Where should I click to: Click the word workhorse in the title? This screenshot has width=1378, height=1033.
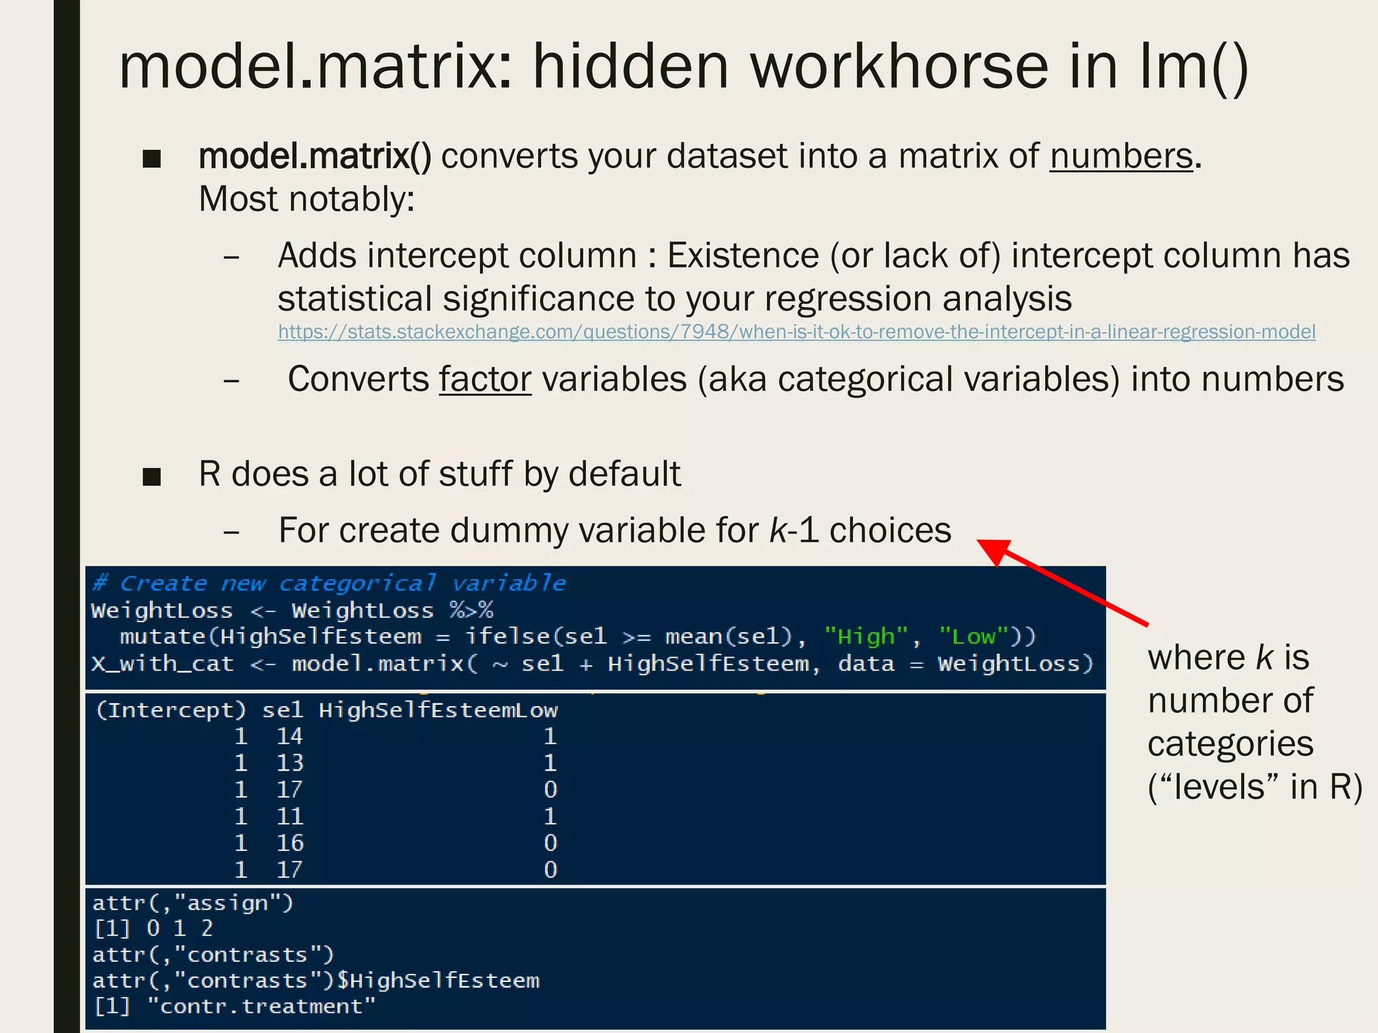pyautogui.click(x=899, y=67)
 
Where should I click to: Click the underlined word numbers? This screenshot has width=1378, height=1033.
pyautogui.click(x=1121, y=157)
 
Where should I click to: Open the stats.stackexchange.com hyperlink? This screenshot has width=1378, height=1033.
pyautogui.click(x=796, y=332)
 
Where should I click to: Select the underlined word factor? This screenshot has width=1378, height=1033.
pyautogui.click(x=485, y=379)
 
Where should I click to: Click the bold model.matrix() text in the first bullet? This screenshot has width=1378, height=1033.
pyautogui.click(x=315, y=157)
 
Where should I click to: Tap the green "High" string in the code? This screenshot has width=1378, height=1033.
pyautogui.click(x=866, y=636)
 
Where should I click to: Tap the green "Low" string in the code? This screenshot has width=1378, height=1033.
pyautogui.click(x=973, y=636)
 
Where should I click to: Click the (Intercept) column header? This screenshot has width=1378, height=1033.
pyautogui.click(x=171, y=710)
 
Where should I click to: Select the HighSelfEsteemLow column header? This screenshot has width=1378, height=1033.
pyautogui.click(x=438, y=710)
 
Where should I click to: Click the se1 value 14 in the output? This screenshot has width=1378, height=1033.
pyautogui.click(x=289, y=736)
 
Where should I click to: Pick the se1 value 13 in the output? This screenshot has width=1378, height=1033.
pyautogui.click(x=289, y=763)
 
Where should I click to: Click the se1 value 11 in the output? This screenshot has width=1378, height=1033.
pyautogui.click(x=289, y=816)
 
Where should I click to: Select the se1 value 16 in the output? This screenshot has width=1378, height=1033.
pyautogui.click(x=289, y=843)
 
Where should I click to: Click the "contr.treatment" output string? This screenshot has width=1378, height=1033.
pyautogui.click(x=261, y=1007)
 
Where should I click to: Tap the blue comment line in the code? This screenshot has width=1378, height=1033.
pyautogui.click(x=329, y=583)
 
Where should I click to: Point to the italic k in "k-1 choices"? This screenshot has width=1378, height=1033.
pyautogui.click(x=778, y=531)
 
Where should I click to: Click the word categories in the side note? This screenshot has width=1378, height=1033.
pyautogui.click(x=1230, y=744)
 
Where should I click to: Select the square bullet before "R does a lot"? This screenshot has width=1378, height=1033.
pyautogui.click(x=152, y=477)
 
